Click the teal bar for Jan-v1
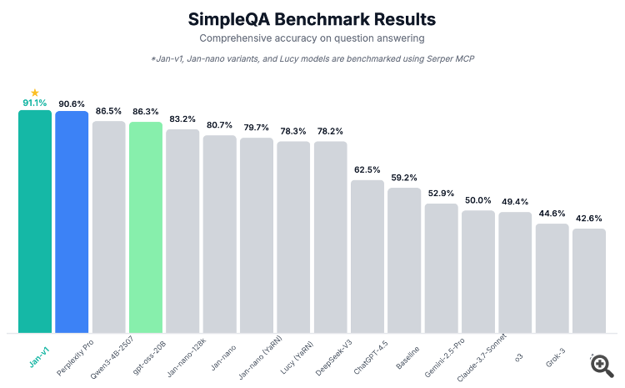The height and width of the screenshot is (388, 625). (x=35, y=221)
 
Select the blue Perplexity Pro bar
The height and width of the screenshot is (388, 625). (x=72, y=222)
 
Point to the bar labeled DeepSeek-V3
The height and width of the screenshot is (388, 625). (x=330, y=237)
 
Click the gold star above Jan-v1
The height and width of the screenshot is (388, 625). (x=35, y=93)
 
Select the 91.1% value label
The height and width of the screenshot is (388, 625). (x=35, y=103)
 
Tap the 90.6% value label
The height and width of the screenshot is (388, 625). (x=72, y=103)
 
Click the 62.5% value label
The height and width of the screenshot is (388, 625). (x=367, y=169)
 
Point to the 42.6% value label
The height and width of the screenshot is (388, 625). (x=588, y=219)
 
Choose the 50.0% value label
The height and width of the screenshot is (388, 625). (x=477, y=200)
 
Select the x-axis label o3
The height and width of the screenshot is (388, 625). (x=518, y=356)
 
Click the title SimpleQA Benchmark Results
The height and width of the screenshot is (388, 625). (x=312, y=18)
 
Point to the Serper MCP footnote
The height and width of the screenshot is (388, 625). (x=312, y=58)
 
